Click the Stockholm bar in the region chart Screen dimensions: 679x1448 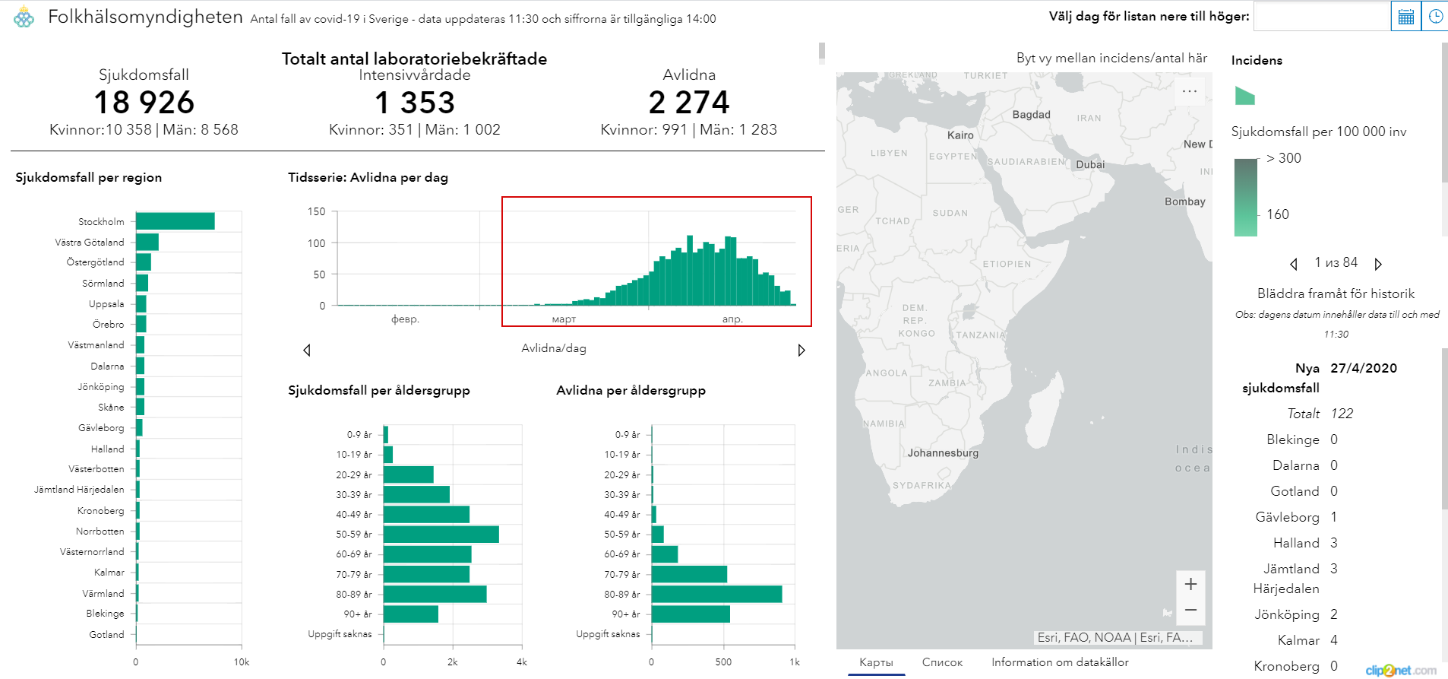pyautogui.click(x=175, y=221)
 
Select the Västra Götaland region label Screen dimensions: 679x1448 pyautogui.click(x=89, y=243)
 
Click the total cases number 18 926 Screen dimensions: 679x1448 pyautogui.click(x=144, y=103)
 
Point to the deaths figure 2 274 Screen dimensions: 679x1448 pyautogui.click(x=688, y=103)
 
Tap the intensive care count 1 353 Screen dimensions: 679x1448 pyautogui.click(x=415, y=103)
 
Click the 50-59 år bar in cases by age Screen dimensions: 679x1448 pyautogui.click(x=441, y=534)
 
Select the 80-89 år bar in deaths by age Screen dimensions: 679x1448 pyautogui.click(x=716, y=594)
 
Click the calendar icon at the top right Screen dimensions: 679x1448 pyautogui.click(x=1405, y=16)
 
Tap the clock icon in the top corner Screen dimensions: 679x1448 pyautogui.click(x=1435, y=16)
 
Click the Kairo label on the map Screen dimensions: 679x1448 pyautogui.click(x=960, y=135)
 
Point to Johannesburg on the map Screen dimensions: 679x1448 pyautogui.click(x=943, y=453)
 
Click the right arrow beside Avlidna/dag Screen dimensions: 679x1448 pyautogui.click(x=801, y=350)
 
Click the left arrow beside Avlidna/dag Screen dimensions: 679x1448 pyautogui.click(x=307, y=350)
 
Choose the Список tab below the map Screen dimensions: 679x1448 pyautogui.click(x=942, y=662)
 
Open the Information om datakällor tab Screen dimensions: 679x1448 pyautogui.click(x=1060, y=662)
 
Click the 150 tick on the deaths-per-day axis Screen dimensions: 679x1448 pyautogui.click(x=316, y=211)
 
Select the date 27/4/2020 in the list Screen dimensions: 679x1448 pyautogui.click(x=1364, y=368)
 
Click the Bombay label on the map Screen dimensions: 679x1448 pyautogui.click(x=1184, y=201)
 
